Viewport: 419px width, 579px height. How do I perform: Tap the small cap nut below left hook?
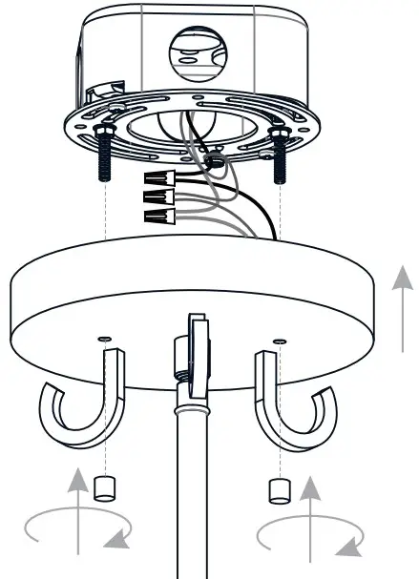pyautogui.click(x=106, y=488)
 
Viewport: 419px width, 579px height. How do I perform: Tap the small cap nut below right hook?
pyautogui.click(x=278, y=491)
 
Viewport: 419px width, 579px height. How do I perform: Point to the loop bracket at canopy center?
pyautogui.click(x=197, y=353)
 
